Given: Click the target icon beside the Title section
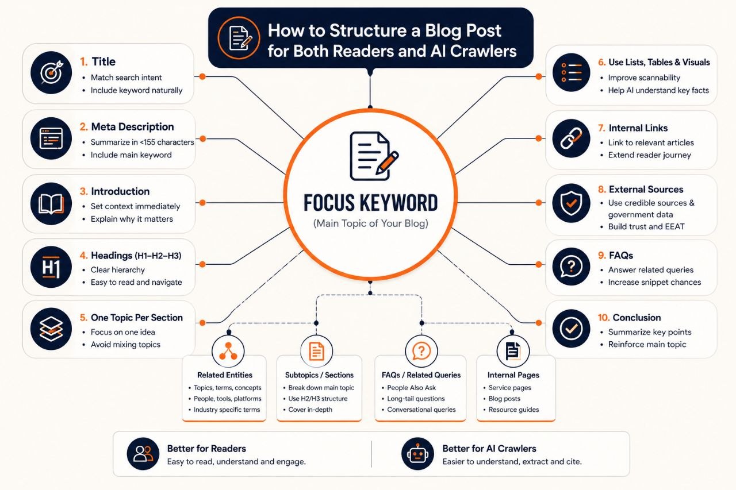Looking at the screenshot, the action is pyautogui.click(x=51, y=72).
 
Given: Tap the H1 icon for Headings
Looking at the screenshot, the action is pyautogui.click(x=51, y=267).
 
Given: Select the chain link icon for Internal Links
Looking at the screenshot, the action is pyautogui.click(x=571, y=138).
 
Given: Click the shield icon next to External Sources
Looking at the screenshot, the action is pyautogui.click(x=571, y=203).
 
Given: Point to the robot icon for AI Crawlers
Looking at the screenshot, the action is pyautogui.click(x=417, y=454).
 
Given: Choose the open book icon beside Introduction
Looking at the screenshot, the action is pyautogui.click(x=51, y=203).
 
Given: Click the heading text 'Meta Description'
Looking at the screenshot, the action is pyautogui.click(x=132, y=127).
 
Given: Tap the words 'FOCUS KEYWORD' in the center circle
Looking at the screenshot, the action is pyautogui.click(x=371, y=203).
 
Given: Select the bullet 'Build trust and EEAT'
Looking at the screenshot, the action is pyautogui.click(x=646, y=226).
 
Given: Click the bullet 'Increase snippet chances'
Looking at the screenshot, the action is pyautogui.click(x=654, y=282).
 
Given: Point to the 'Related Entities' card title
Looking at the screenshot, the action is pyautogui.click(x=225, y=375).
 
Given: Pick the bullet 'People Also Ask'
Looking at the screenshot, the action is pyautogui.click(x=411, y=388).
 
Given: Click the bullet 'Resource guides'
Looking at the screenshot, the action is pyautogui.click(x=513, y=410).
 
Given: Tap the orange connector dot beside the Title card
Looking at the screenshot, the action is pyautogui.click(x=202, y=76).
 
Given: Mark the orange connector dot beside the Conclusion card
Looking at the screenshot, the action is pyautogui.click(x=539, y=323).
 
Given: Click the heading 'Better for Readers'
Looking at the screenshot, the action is pyautogui.click(x=206, y=448).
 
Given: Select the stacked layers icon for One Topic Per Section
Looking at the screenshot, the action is pyautogui.click(x=51, y=329).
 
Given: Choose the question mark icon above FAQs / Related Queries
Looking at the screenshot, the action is pyautogui.click(x=421, y=351).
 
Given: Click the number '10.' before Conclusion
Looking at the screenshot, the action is pyautogui.click(x=604, y=318).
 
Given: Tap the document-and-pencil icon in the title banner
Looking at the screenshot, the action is pyautogui.click(x=239, y=38).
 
